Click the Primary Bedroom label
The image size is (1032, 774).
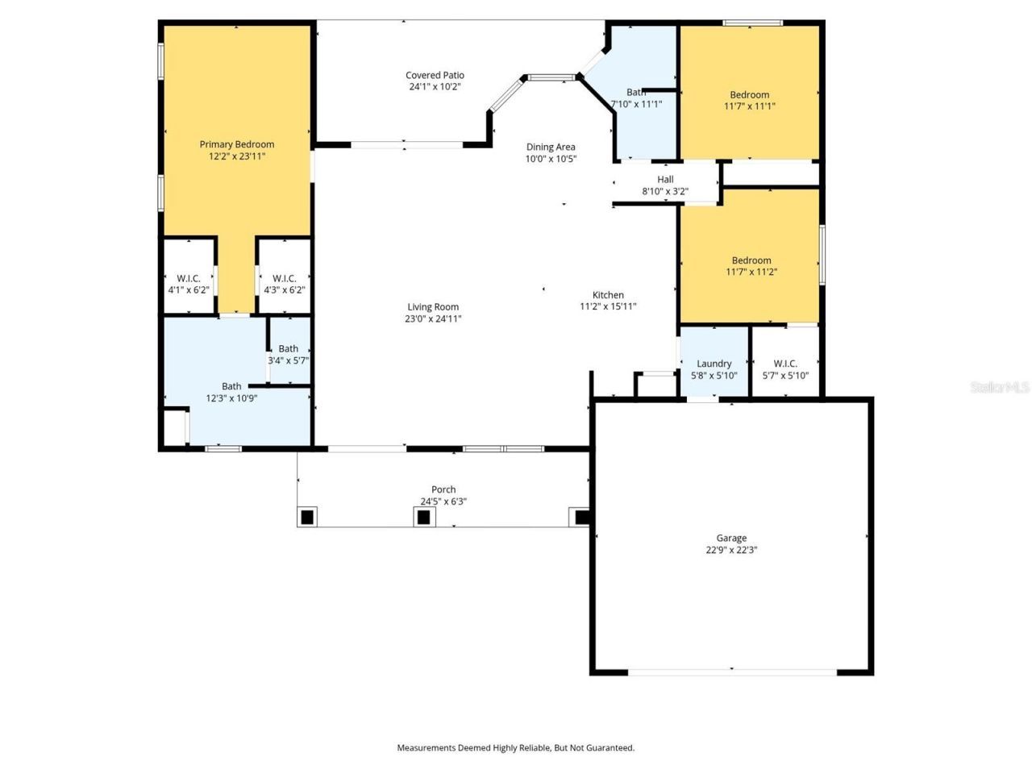[237, 144]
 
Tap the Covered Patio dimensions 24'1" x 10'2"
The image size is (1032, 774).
[435, 87]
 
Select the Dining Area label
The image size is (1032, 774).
[551, 147]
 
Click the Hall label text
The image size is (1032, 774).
[665, 180]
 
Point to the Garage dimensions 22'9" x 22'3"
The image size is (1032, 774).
[731, 551]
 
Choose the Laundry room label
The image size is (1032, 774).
[714, 364]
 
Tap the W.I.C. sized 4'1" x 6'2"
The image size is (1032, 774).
[189, 284]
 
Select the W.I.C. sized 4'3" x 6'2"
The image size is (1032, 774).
[285, 284]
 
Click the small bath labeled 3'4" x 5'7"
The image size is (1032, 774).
[289, 355]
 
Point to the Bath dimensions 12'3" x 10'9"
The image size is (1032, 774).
[231, 398]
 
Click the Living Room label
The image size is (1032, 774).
[433, 306]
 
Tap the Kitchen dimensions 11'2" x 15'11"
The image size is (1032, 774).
[608, 306]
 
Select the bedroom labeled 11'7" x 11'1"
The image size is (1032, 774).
[750, 100]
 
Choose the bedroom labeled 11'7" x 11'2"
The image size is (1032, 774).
[751, 266]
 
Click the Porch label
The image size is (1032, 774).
[443, 489]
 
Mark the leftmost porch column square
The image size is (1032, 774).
[307, 517]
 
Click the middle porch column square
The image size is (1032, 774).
[424, 517]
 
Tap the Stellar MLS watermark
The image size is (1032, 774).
[1000, 388]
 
